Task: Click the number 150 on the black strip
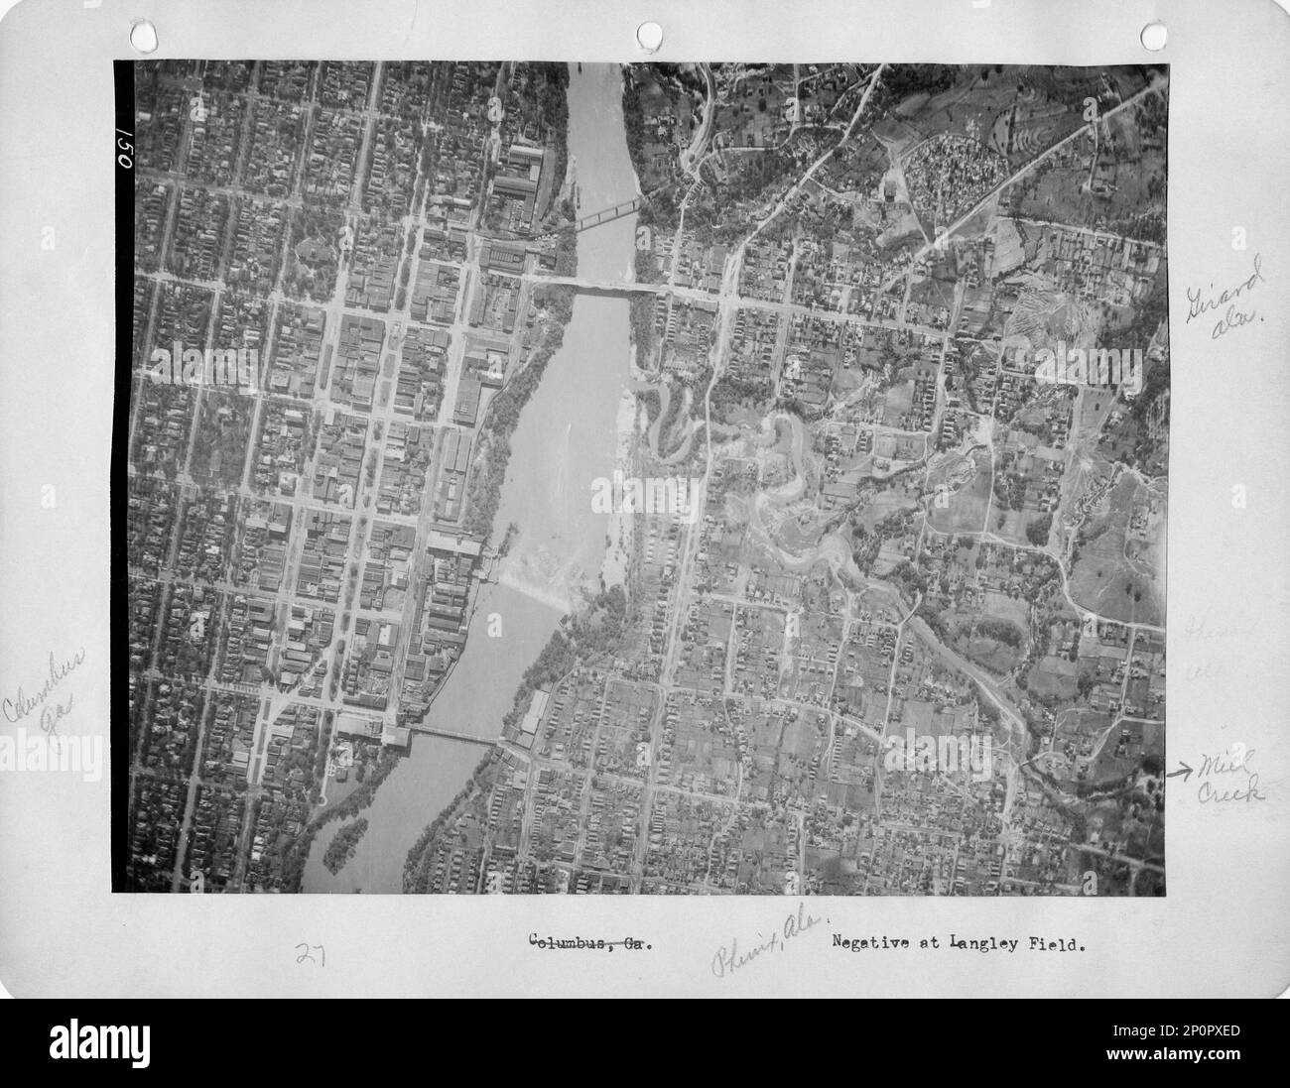(123, 149)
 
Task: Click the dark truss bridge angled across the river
(606, 214)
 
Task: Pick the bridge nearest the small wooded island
(451, 736)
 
